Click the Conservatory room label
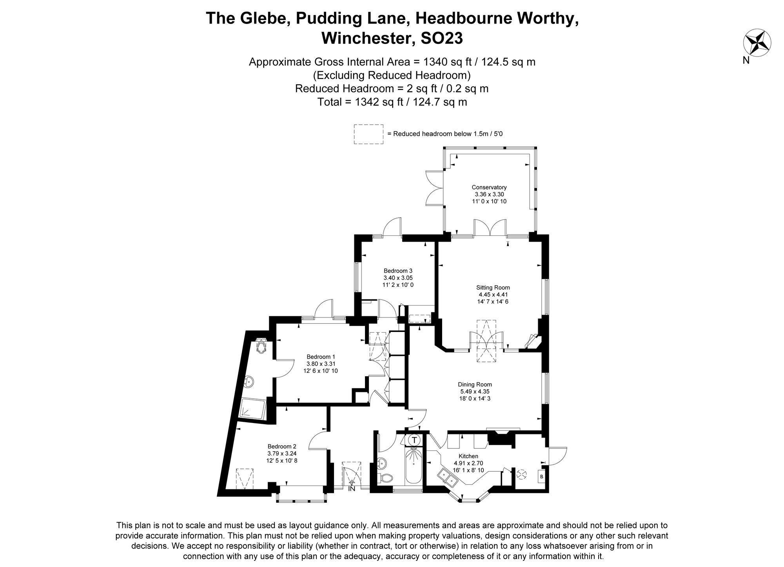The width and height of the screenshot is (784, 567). pyautogui.click(x=489, y=187)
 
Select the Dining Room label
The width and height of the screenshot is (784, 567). pyautogui.click(x=475, y=385)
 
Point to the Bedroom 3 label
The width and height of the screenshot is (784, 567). pyautogui.click(x=398, y=271)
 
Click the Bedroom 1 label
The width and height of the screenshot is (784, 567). pyautogui.click(x=321, y=357)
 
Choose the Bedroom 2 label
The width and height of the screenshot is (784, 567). pyautogui.click(x=282, y=446)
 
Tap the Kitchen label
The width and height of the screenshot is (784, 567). pyautogui.click(x=468, y=456)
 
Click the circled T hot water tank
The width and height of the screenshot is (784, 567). pyautogui.click(x=414, y=440)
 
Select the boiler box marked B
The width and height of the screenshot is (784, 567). pyautogui.click(x=541, y=477)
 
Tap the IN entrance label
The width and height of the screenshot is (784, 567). pyautogui.click(x=352, y=489)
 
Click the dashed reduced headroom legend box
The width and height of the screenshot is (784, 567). pyautogui.click(x=368, y=134)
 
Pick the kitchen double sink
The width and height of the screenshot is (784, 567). pyautogui.click(x=448, y=478)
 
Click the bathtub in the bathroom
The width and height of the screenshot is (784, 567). pyautogui.click(x=413, y=467)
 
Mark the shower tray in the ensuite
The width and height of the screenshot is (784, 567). pyautogui.click(x=253, y=409)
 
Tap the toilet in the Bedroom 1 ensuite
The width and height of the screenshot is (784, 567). pyautogui.click(x=261, y=346)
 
